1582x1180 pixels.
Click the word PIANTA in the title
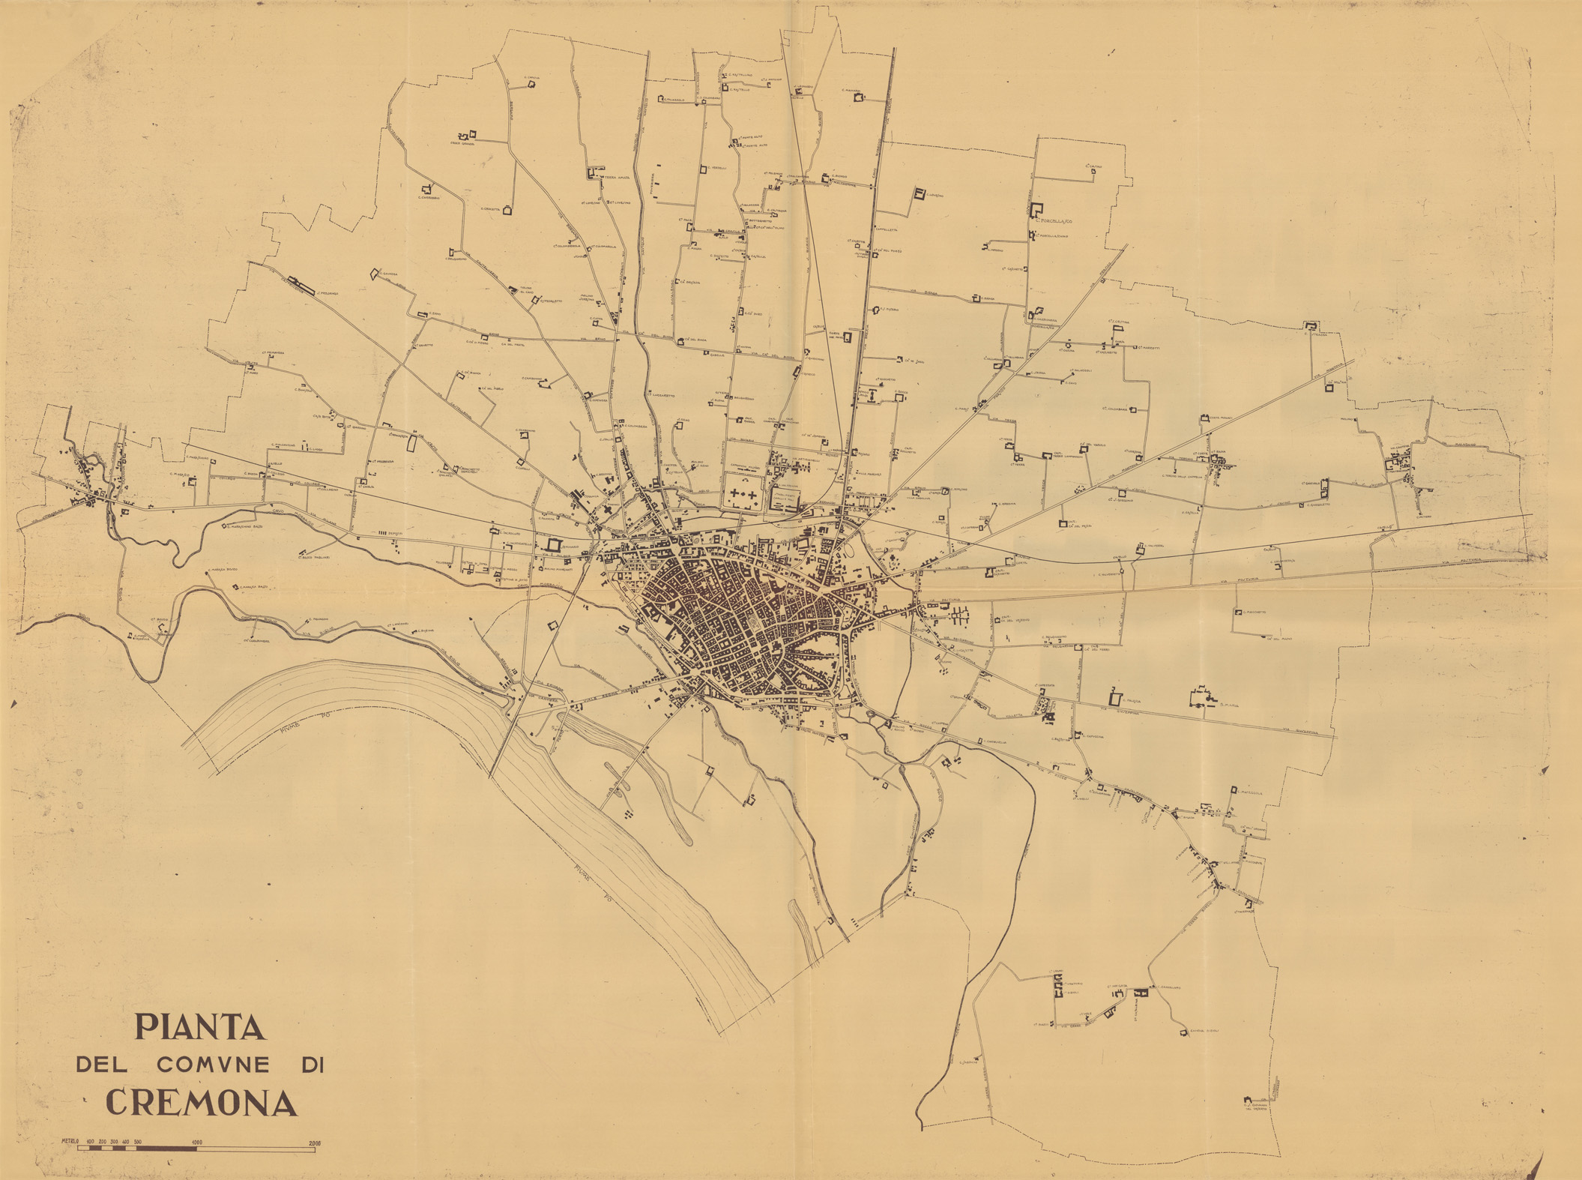pos(200,1027)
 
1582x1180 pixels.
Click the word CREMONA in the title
pos(201,1103)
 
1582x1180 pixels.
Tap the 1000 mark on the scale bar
pos(196,1143)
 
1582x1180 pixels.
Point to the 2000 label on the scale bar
pos(314,1143)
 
